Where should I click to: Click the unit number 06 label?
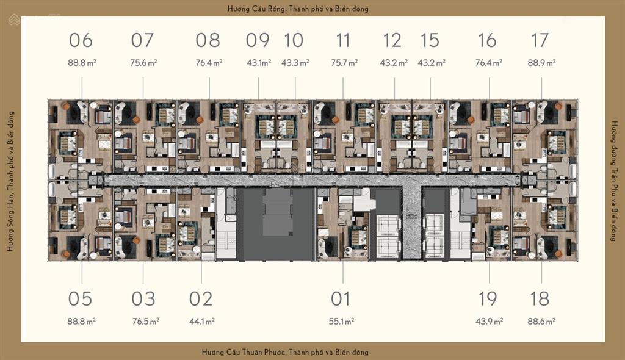coord(81,41)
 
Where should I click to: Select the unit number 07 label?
coord(142,41)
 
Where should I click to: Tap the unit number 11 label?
coord(343,41)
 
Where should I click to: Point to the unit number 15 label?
coord(430,41)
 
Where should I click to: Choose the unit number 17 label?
coord(540,41)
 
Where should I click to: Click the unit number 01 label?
coord(341,299)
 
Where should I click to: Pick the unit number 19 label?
coord(488,299)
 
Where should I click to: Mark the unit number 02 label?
coord(200,299)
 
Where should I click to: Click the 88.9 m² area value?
coord(542,62)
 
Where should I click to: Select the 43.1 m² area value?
coord(258,62)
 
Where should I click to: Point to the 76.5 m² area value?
coord(145,320)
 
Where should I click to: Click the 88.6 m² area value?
coord(542,320)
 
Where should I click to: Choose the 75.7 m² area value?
coord(344,62)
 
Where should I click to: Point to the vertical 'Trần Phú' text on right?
coord(614,181)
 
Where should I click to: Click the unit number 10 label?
coord(294,41)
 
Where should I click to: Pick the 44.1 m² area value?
coord(201,320)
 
